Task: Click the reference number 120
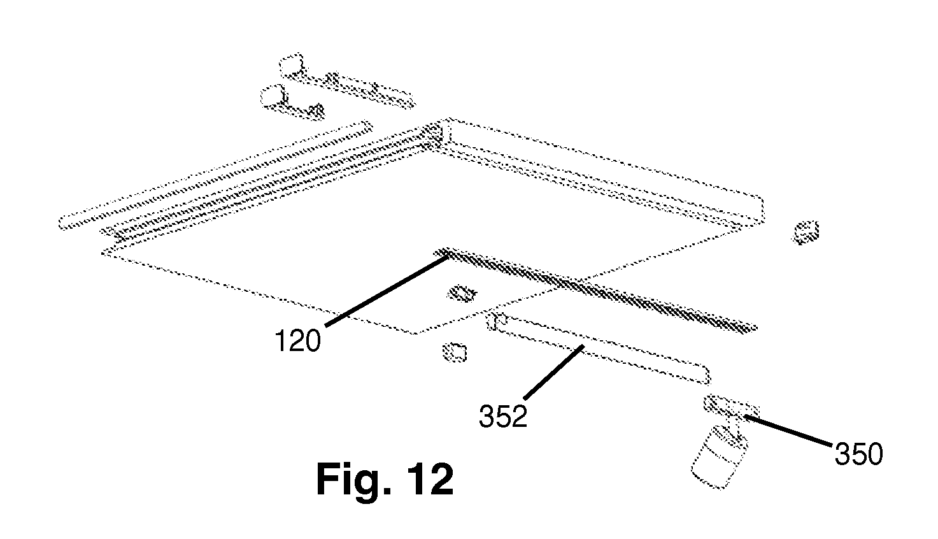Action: pos(297,340)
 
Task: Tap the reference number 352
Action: pos(503,416)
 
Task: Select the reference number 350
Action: pos(859,454)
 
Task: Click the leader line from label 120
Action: pos(387,291)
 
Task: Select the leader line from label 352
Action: pos(553,372)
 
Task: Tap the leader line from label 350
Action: pos(788,431)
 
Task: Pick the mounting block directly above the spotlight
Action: pos(731,406)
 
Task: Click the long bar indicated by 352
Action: pos(598,348)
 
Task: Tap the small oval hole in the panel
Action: pos(461,293)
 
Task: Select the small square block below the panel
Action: pos(454,352)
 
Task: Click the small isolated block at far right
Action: pos(806,233)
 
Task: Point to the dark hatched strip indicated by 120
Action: pos(595,290)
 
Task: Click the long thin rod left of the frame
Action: pos(215,175)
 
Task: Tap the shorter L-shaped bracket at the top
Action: pos(292,102)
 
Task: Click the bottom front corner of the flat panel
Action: pos(415,334)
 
